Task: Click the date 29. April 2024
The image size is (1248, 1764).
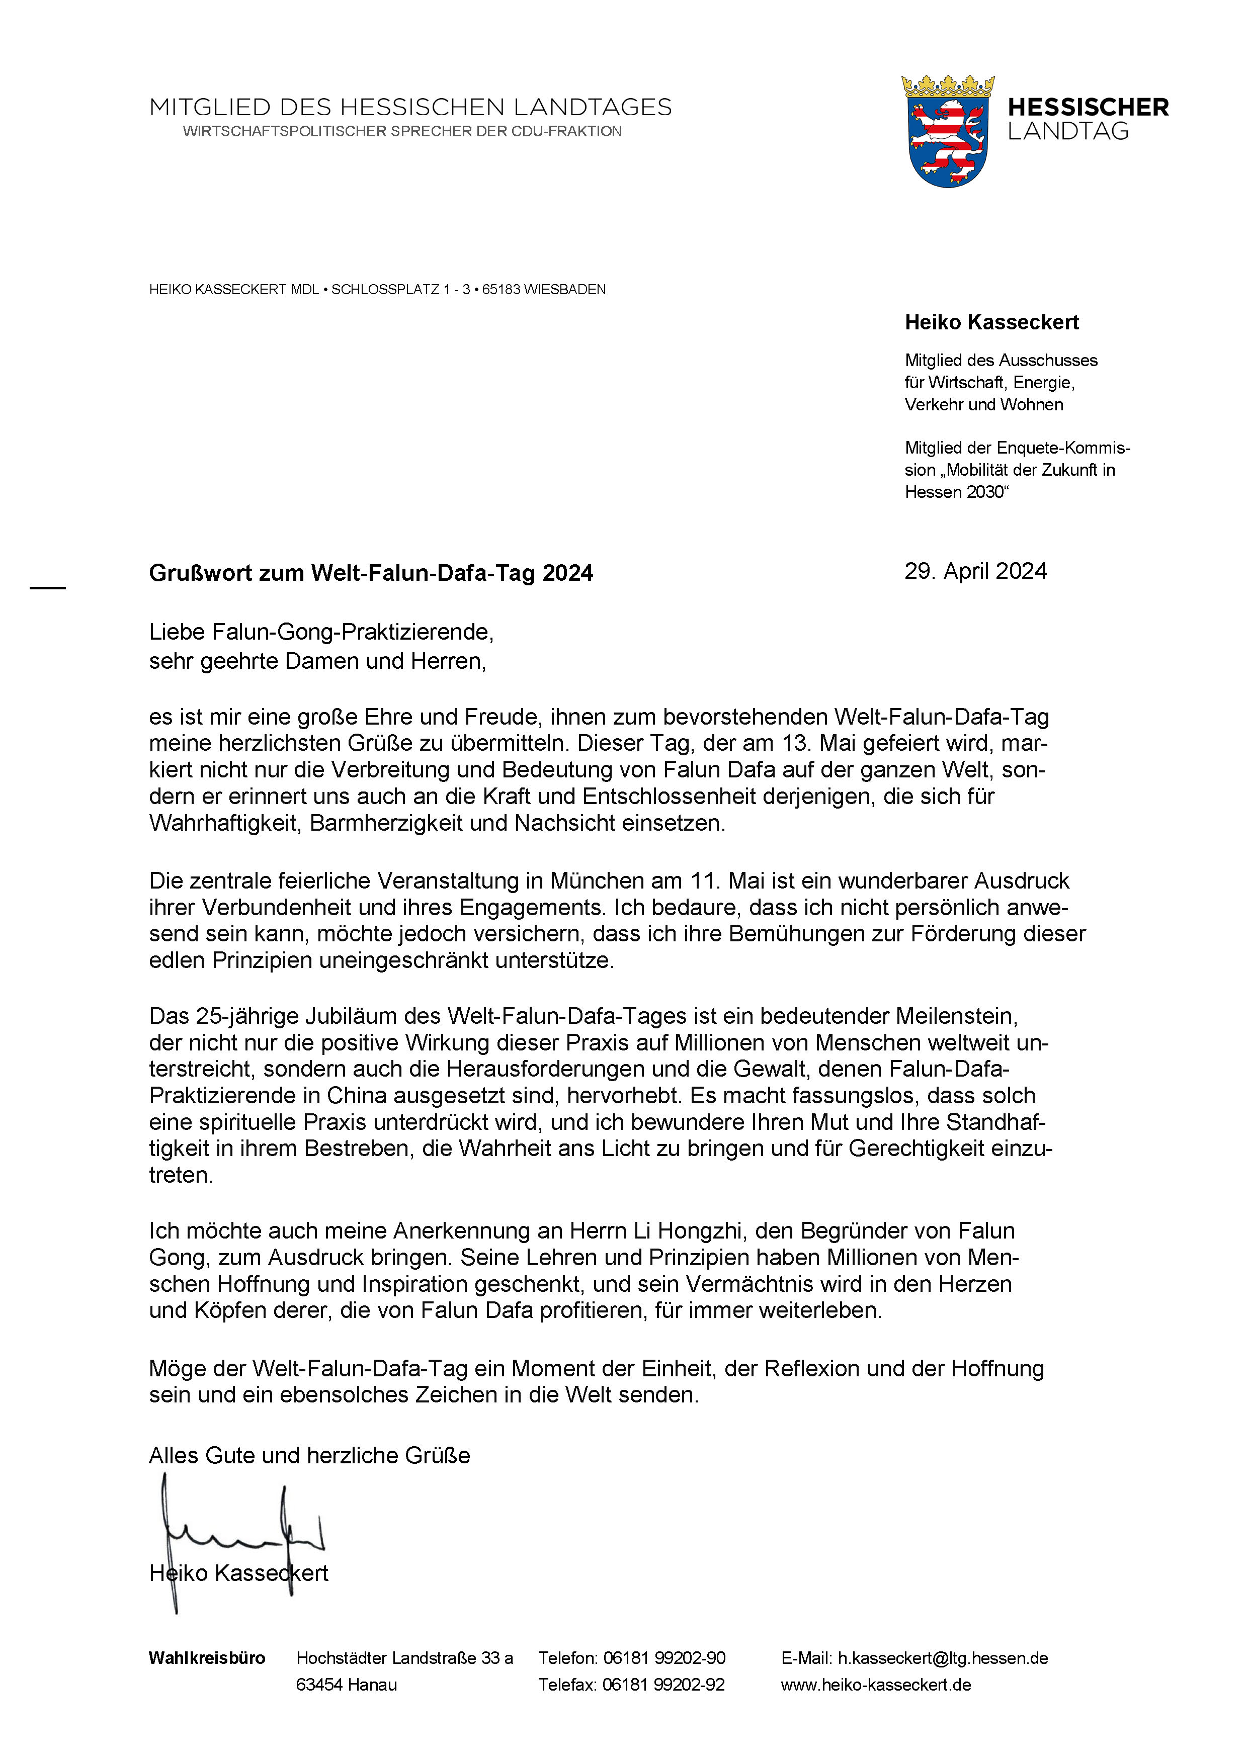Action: (975, 571)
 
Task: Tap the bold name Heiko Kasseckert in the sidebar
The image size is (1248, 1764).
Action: (991, 323)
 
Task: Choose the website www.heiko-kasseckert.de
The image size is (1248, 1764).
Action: (876, 1685)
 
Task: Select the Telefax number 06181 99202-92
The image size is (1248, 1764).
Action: (663, 1685)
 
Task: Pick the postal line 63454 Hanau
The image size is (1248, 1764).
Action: (347, 1685)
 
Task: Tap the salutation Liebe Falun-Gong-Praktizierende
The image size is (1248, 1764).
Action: (320, 632)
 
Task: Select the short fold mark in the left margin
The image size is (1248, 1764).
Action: (48, 588)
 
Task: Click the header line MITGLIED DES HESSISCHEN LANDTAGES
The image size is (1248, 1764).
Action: (410, 108)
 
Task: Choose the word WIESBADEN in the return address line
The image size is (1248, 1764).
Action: (565, 290)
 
